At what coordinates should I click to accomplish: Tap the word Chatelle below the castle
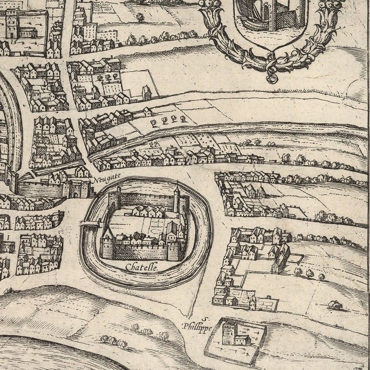click(142, 267)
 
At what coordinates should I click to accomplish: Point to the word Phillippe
click(198, 328)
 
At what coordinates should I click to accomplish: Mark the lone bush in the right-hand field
click(335, 305)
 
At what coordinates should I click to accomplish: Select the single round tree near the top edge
click(140, 17)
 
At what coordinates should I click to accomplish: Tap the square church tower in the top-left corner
click(12, 23)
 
